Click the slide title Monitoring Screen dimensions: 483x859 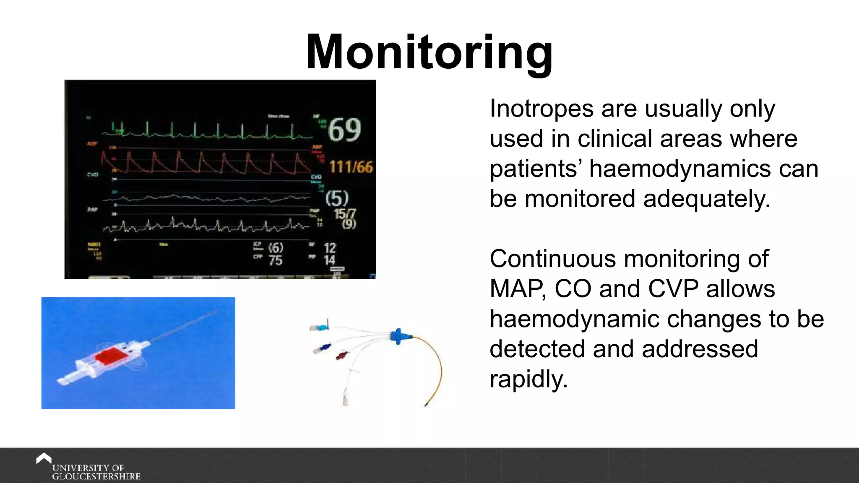pos(429,52)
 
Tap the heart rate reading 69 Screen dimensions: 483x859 pos(344,130)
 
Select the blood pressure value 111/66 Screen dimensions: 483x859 pos(351,167)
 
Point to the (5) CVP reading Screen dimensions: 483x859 pos(337,198)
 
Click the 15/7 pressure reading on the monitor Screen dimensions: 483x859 pos(344,214)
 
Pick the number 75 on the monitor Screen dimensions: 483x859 pos(276,260)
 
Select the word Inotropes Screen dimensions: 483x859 pos(541,109)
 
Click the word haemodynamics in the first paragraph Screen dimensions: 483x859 pos(680,169)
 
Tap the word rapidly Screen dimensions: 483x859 pos(528,379)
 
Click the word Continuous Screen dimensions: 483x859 pos(553,259)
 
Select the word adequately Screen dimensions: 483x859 pos(707,199)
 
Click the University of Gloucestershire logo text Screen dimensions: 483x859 pos(96,472)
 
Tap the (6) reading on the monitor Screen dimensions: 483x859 pos(276,248)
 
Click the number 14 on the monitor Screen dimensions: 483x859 pos(330,260)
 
